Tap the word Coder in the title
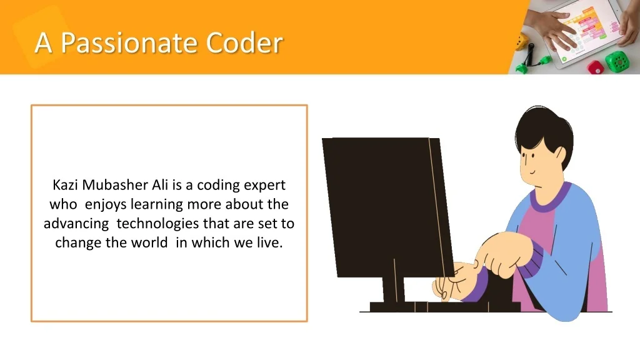coord(244,42)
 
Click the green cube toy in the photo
coord(616,62)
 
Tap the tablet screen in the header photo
coord(587,31)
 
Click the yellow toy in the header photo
coord(521,42)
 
